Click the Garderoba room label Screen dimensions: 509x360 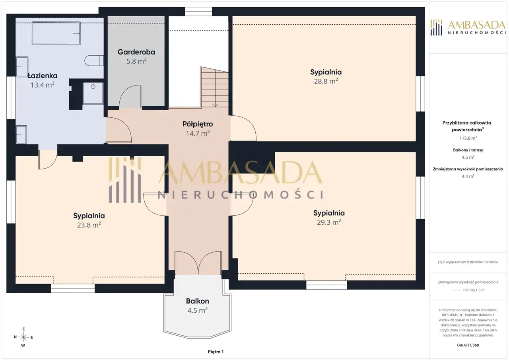pos(136,52)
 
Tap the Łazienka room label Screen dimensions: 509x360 pos(43,76)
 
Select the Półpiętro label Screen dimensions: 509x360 pos(198,124)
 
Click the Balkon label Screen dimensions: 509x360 pos(198,301)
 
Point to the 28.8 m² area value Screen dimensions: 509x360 pos(326,81)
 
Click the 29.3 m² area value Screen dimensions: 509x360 pos(329,222)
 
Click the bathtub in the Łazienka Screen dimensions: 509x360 pos(56,33)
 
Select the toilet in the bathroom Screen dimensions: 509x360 pos(94,61)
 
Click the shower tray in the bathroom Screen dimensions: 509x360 pos(93,93)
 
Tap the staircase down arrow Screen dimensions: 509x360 pos(215,105)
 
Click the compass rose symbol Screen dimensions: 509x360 pos(23,337)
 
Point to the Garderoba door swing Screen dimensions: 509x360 pos(130,96)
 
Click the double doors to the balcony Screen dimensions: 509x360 pos(198,263)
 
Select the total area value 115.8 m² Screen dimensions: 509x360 pos(468,138)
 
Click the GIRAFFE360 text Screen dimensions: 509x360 pos(468,345)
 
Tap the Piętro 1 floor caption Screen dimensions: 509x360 pos(216,352)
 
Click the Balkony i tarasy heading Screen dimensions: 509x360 pos(468,150)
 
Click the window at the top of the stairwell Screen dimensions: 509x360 pos(198,12)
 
